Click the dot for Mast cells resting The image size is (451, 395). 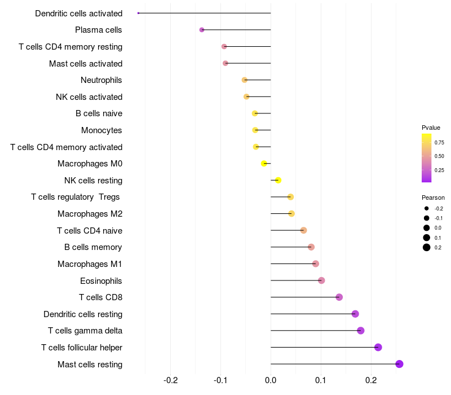399,364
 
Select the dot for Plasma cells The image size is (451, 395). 202,30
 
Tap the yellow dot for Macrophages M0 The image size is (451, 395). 264,164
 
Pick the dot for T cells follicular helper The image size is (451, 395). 378,347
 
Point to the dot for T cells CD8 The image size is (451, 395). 339,297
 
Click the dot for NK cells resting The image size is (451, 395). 277,181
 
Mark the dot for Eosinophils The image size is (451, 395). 321,280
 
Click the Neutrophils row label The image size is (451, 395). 101,80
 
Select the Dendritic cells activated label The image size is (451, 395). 78,13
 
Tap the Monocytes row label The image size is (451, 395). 101,130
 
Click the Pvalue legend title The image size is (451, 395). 431,128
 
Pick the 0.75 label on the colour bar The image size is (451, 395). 439,142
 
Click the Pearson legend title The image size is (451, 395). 433,197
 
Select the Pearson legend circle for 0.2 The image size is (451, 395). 427,247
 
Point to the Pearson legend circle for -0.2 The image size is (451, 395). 427,208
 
